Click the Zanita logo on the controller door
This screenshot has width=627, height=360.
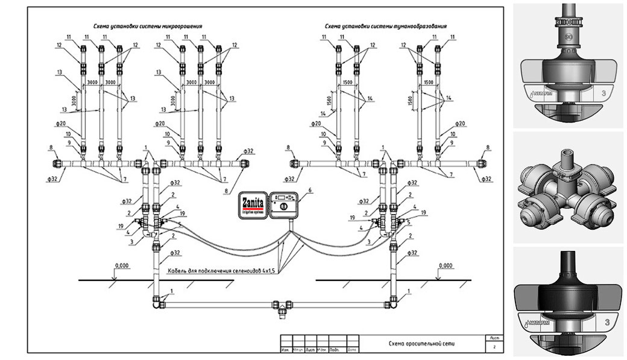pyautogui.click(x=254, y=198)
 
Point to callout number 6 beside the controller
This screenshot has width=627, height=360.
pyautogui.click(x=310, y=190)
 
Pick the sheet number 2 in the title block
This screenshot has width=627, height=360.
pyautogui.click(x=495, y=348)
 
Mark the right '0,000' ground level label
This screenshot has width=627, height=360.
pyautogui.click(x=446, y=265)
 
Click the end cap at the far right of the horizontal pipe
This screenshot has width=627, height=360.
pyautogui.click(x=484, y=163)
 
